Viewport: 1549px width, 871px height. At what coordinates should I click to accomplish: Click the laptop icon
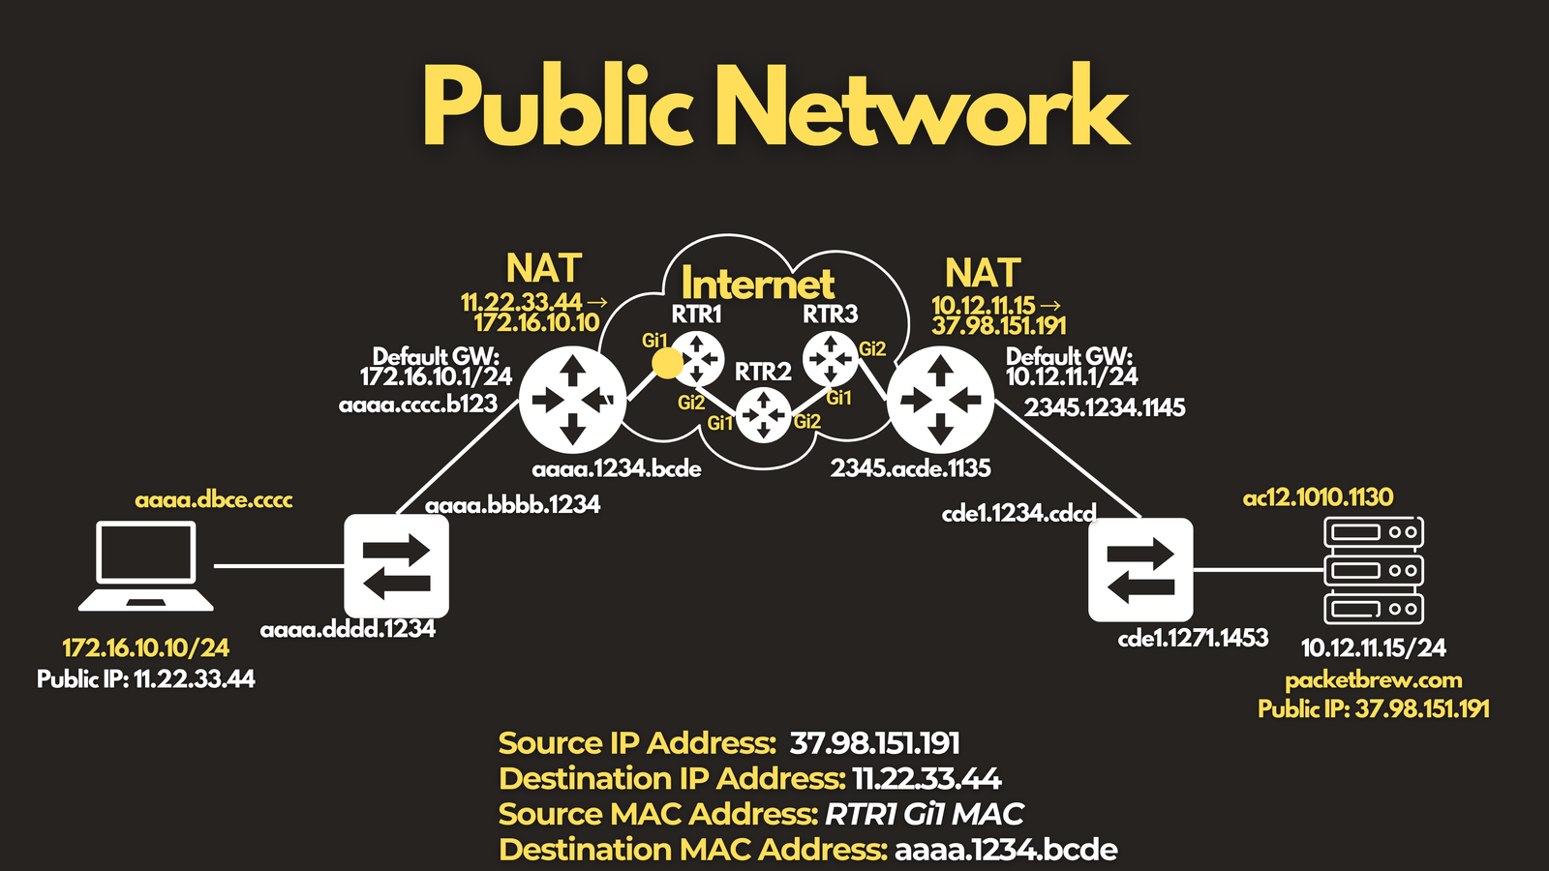coord(146,566)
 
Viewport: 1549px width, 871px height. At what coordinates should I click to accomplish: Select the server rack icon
coord(1374,570)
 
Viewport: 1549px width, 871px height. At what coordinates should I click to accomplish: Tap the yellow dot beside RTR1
coord(667,363)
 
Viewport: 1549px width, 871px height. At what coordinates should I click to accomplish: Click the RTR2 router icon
coord(764,415)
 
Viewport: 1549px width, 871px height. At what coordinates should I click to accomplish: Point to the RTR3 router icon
coord(830,359)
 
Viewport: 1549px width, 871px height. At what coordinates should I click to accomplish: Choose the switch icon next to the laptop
coord(396,566)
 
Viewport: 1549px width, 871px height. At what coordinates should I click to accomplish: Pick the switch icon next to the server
coord(1140,570)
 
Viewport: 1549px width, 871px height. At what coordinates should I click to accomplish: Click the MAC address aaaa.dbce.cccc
coord(214,499)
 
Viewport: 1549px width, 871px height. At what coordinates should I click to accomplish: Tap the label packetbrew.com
coord(1374,680)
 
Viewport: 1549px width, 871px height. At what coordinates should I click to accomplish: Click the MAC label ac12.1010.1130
coord(1318,497)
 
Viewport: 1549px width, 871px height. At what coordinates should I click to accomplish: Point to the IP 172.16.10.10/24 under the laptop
coord(146,647)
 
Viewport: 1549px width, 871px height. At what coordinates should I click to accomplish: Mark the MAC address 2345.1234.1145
coord(1105,407)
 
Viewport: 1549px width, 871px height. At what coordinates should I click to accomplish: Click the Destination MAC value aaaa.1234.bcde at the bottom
coord(1006,850)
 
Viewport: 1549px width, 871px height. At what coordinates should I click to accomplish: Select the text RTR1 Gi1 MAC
coord(924,814)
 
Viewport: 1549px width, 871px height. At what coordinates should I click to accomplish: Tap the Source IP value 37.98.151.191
coord(875,743)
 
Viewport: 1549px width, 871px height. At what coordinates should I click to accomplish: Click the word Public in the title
coord(558,107)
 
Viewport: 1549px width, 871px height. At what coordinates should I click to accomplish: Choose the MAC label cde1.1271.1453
coord(1193,638)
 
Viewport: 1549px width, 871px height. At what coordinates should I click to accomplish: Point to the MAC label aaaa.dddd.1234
coord(348,629)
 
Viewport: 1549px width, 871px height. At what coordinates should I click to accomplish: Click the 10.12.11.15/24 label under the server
coord(1374,647)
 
